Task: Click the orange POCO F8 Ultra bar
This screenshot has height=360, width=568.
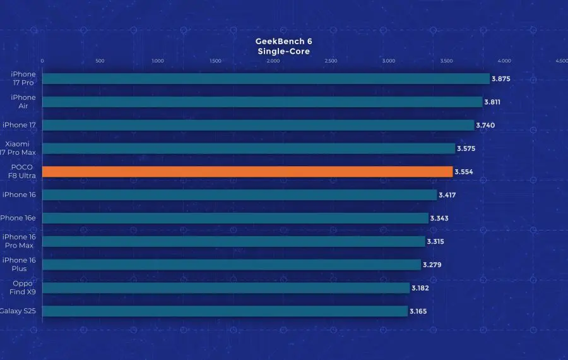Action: (247, 172)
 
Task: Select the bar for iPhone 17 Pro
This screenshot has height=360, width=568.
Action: (266, 79)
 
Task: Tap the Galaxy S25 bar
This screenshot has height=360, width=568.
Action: (225, 311)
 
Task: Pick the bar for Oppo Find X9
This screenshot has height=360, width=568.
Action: (226, 288)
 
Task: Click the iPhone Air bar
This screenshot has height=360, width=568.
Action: (263, 102)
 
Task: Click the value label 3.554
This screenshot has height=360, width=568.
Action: (464, 172)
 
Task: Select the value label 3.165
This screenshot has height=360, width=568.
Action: (418, 311)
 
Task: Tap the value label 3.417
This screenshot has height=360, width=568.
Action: (447, 195)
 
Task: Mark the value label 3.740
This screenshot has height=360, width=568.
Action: (485, 125)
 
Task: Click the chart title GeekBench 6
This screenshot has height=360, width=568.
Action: (283, 41)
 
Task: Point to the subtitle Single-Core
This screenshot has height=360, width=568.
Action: (283, 51)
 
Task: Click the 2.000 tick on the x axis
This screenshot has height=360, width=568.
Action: (273, 61)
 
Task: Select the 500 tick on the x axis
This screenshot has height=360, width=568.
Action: (100, 61)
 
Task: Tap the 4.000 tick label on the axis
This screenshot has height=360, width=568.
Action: (504, 61)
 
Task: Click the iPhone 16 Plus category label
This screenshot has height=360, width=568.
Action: (19, 265)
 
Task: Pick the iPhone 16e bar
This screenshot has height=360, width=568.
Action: (235, 219)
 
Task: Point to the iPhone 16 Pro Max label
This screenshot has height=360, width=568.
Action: (19, 241)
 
